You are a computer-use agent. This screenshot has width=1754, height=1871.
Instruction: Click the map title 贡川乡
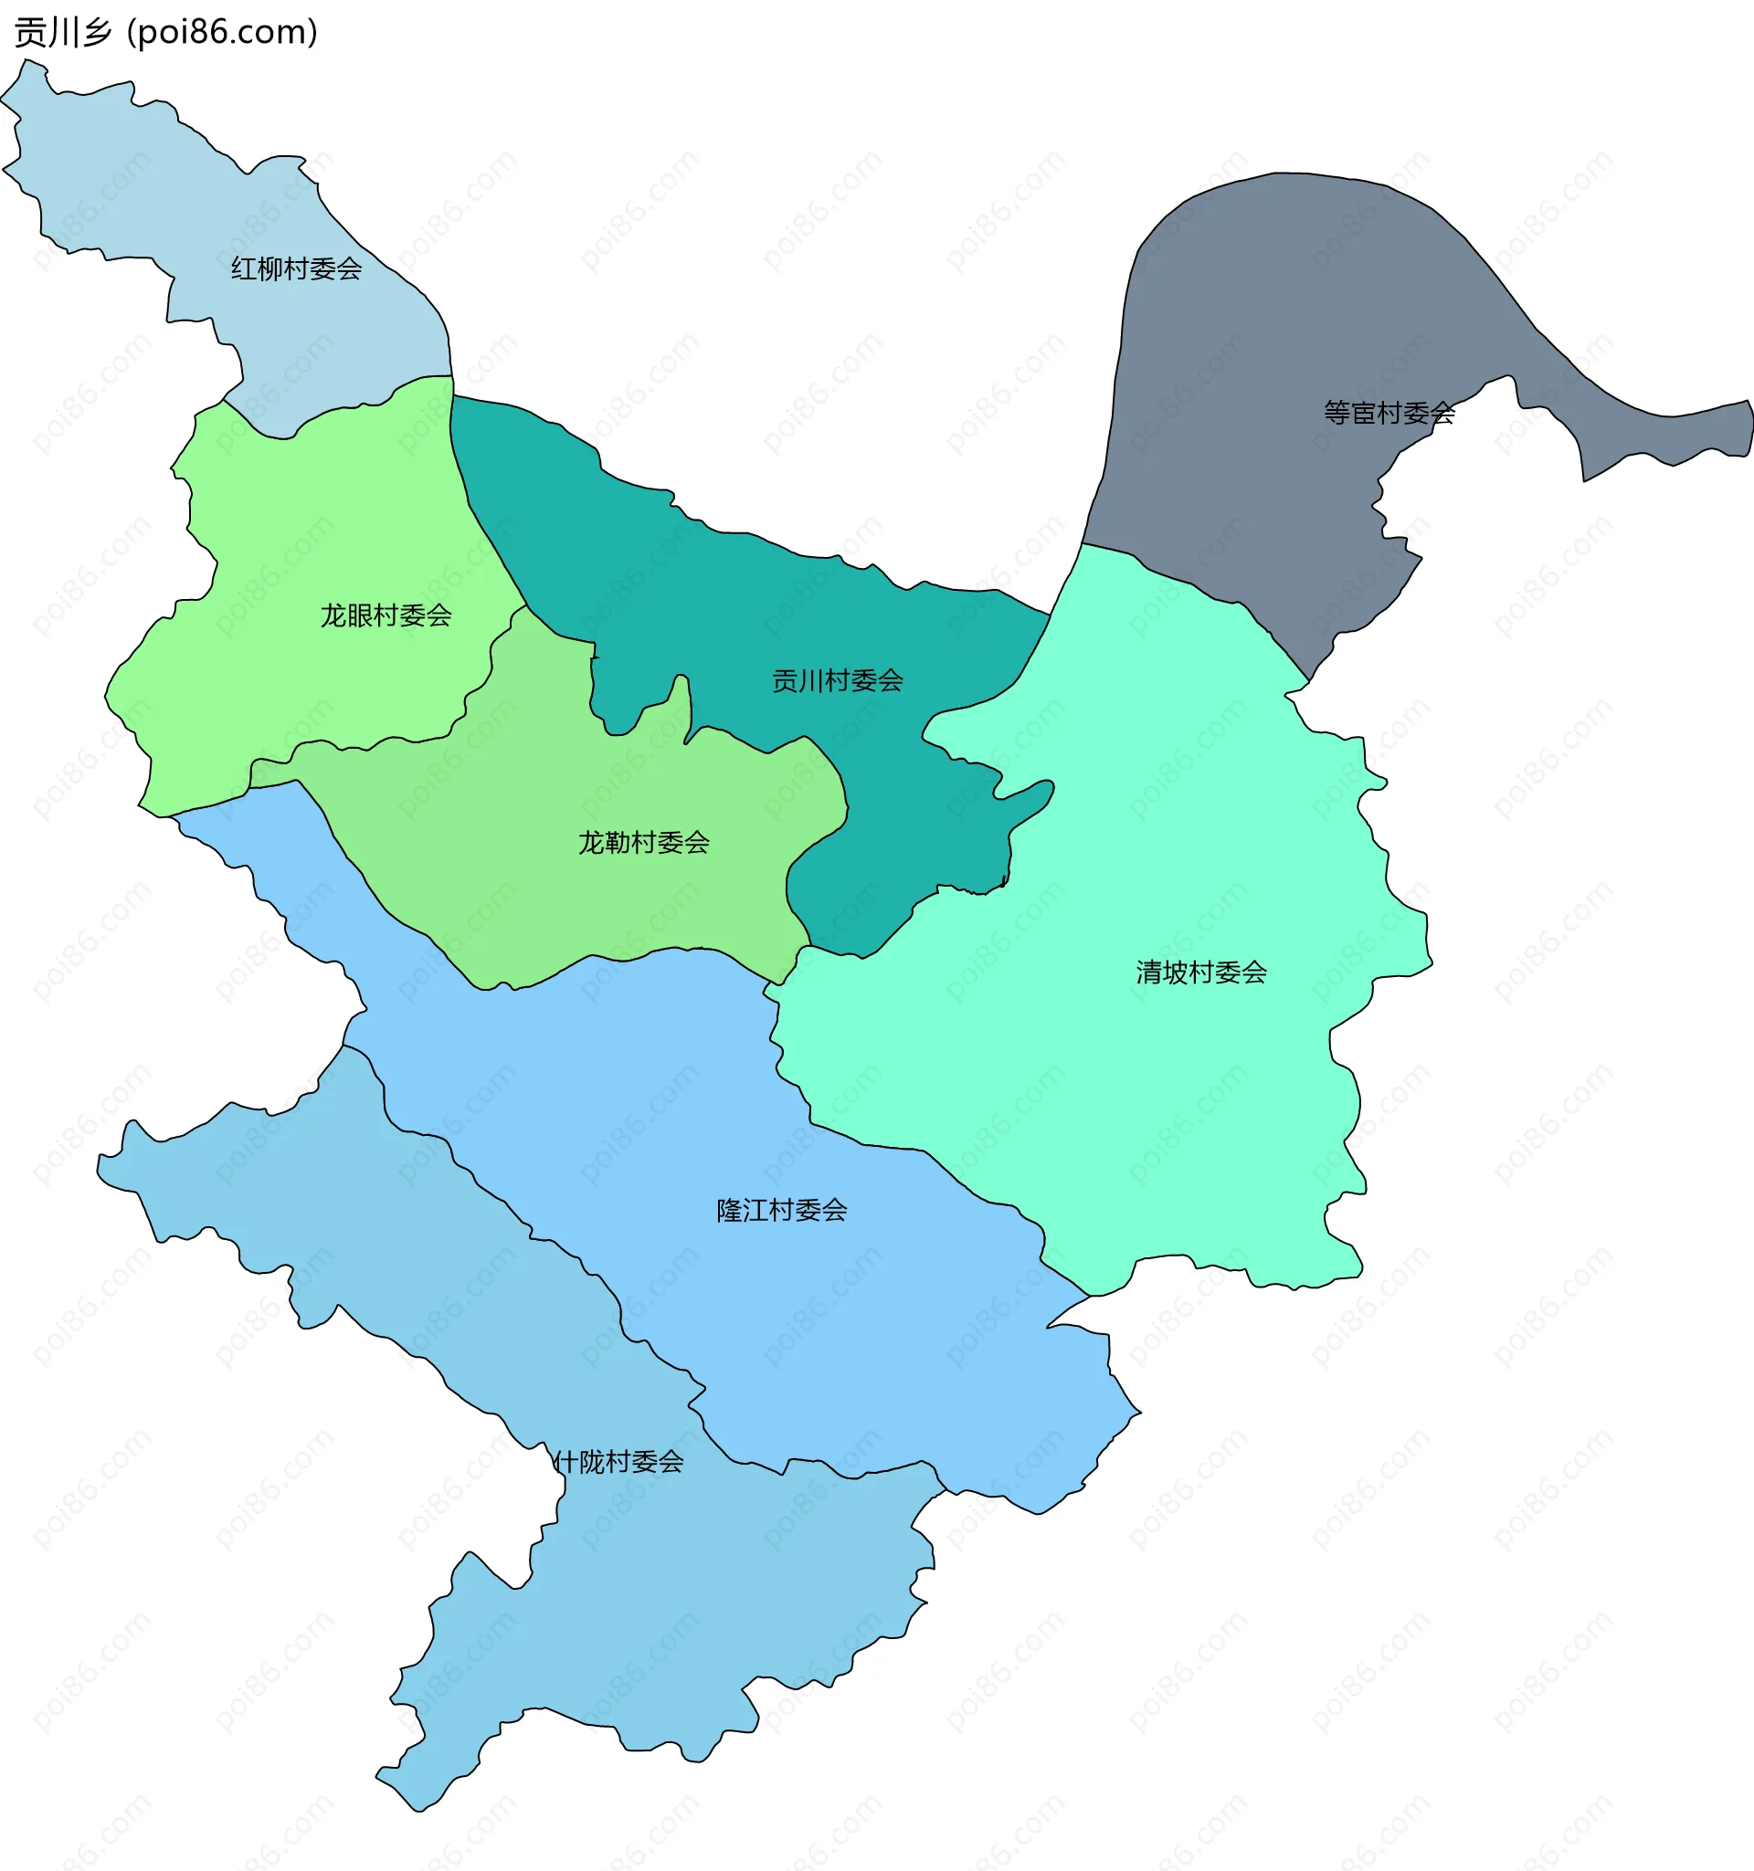[x=62, y=32]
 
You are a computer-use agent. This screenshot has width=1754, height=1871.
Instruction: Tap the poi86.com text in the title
[x=222, y=32]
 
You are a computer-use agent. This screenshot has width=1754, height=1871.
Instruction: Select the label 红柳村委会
[x=297, y=269]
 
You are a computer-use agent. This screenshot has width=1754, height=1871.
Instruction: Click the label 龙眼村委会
[x=386, y=615]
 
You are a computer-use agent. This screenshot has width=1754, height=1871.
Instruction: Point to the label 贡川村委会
[x=837, y=680]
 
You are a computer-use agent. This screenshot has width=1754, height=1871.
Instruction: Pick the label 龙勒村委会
[x=644, y=842]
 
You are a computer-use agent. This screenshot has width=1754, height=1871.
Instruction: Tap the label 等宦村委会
[x=1389, y=412]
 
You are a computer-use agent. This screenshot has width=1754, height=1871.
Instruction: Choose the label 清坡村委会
[x=1201, y=972]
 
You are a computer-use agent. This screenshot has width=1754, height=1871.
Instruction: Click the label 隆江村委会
[x=781, y=1210]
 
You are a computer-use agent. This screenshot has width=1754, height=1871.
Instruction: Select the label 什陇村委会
[x=618, y=1462]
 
